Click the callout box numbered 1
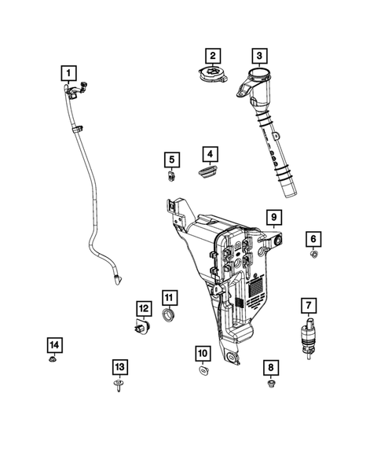pos(70,75)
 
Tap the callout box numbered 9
pos(273,216)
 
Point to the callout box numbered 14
pos(53,344)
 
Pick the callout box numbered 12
pos(143,308)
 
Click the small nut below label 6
pos(313,255)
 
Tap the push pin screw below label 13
pos(119,386)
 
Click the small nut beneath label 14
pos(52,362)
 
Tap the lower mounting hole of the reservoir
pos(233,358)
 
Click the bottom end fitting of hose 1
pos(119,275)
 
